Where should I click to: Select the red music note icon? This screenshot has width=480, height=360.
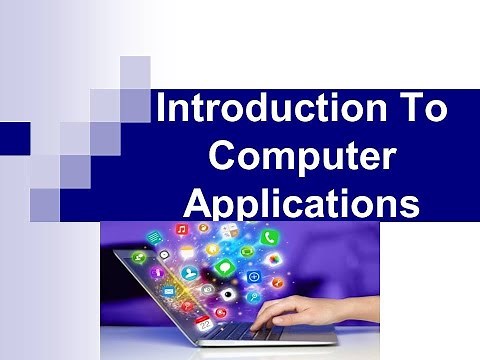(x=182, y=229)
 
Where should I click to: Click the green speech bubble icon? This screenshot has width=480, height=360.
(x=228, y=270)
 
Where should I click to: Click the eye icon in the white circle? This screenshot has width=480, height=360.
(x=208, y=289)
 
